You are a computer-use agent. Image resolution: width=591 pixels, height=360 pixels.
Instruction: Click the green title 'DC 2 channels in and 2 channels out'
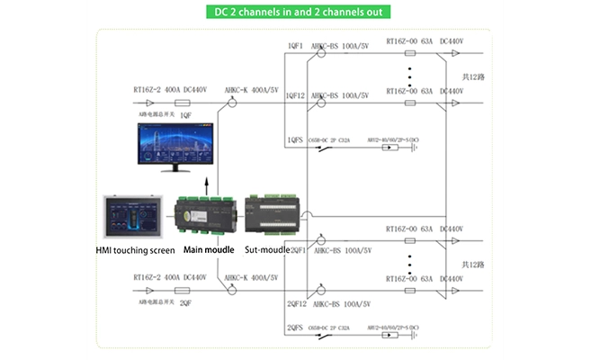(x=295, y=13)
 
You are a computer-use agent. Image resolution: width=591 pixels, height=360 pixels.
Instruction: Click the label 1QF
(x=185, y=115)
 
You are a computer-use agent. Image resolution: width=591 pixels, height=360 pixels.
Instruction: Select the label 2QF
(x=185, y=303)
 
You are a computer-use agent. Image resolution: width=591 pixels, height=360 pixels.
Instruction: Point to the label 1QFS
(x=294, y=140)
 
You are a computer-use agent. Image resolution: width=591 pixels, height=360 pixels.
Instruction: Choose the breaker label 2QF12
(x=298, y=304)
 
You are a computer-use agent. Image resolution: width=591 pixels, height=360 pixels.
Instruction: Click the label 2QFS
(x=296, y=328)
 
